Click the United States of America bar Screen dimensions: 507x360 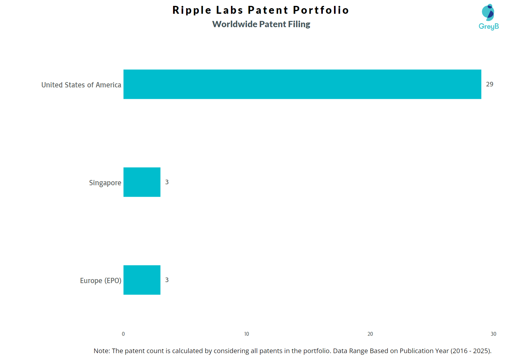(x=302, y=84)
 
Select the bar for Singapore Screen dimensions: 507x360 (x=142, y=182)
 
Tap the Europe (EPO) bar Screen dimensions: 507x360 (x=142, y=280)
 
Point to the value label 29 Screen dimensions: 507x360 (x=489, y=84)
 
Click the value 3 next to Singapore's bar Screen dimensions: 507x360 (x=167, y=182)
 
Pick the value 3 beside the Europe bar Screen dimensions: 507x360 (x=167, y=280)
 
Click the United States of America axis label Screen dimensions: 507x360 (x=81, y=85)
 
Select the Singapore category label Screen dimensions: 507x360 (x=105, y=183)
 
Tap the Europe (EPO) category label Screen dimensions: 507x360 (x=100, y=280)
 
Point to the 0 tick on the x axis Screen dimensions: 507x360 (x=123, y=334)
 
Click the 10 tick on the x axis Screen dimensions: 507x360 (x=247, y=334)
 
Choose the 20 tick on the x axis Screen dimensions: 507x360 (x=370, y=334)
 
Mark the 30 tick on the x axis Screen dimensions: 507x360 (x=493, y=334)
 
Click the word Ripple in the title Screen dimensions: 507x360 (x=192, y=10)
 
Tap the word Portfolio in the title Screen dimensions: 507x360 (x=321, y=10)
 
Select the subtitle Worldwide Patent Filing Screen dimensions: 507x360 (x=261, y=24)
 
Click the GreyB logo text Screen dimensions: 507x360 (x=489, y=27)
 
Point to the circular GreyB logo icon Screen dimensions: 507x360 (x=488, y=12)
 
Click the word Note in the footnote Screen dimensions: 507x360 (x=102, y=351)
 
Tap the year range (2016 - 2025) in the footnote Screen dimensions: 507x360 (x=471, y=351)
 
